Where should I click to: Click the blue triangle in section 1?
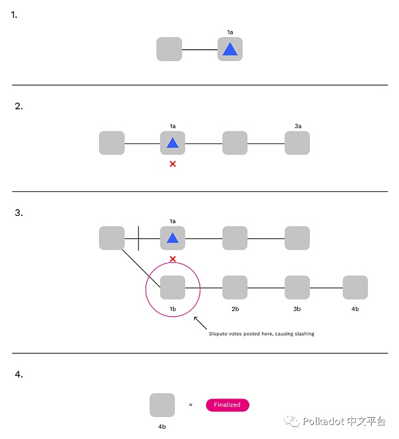tap(229, 49)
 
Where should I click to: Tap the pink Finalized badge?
tap(227, 404)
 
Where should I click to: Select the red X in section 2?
tap(173, 163)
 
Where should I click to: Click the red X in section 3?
tap(173, 258)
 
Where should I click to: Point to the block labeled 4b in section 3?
tap(355, 288)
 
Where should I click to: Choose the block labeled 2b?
tap(235, 288)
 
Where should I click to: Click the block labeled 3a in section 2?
tap(297, 143)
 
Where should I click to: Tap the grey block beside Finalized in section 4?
tap(162, 404)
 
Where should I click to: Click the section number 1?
tap(15, 13)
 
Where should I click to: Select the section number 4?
tap(19, 374)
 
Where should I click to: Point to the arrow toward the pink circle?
tap(199, 324)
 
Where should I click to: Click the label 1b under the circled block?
tap(172, 309)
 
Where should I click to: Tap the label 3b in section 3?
tap(297, 309)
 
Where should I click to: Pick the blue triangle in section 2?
tap(173, 143)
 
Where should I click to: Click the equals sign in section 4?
tap(191, 404)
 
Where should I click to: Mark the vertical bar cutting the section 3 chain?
tap(138, 238)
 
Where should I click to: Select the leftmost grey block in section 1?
tap(169, 49)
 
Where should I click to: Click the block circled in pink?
tap(173, 288)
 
